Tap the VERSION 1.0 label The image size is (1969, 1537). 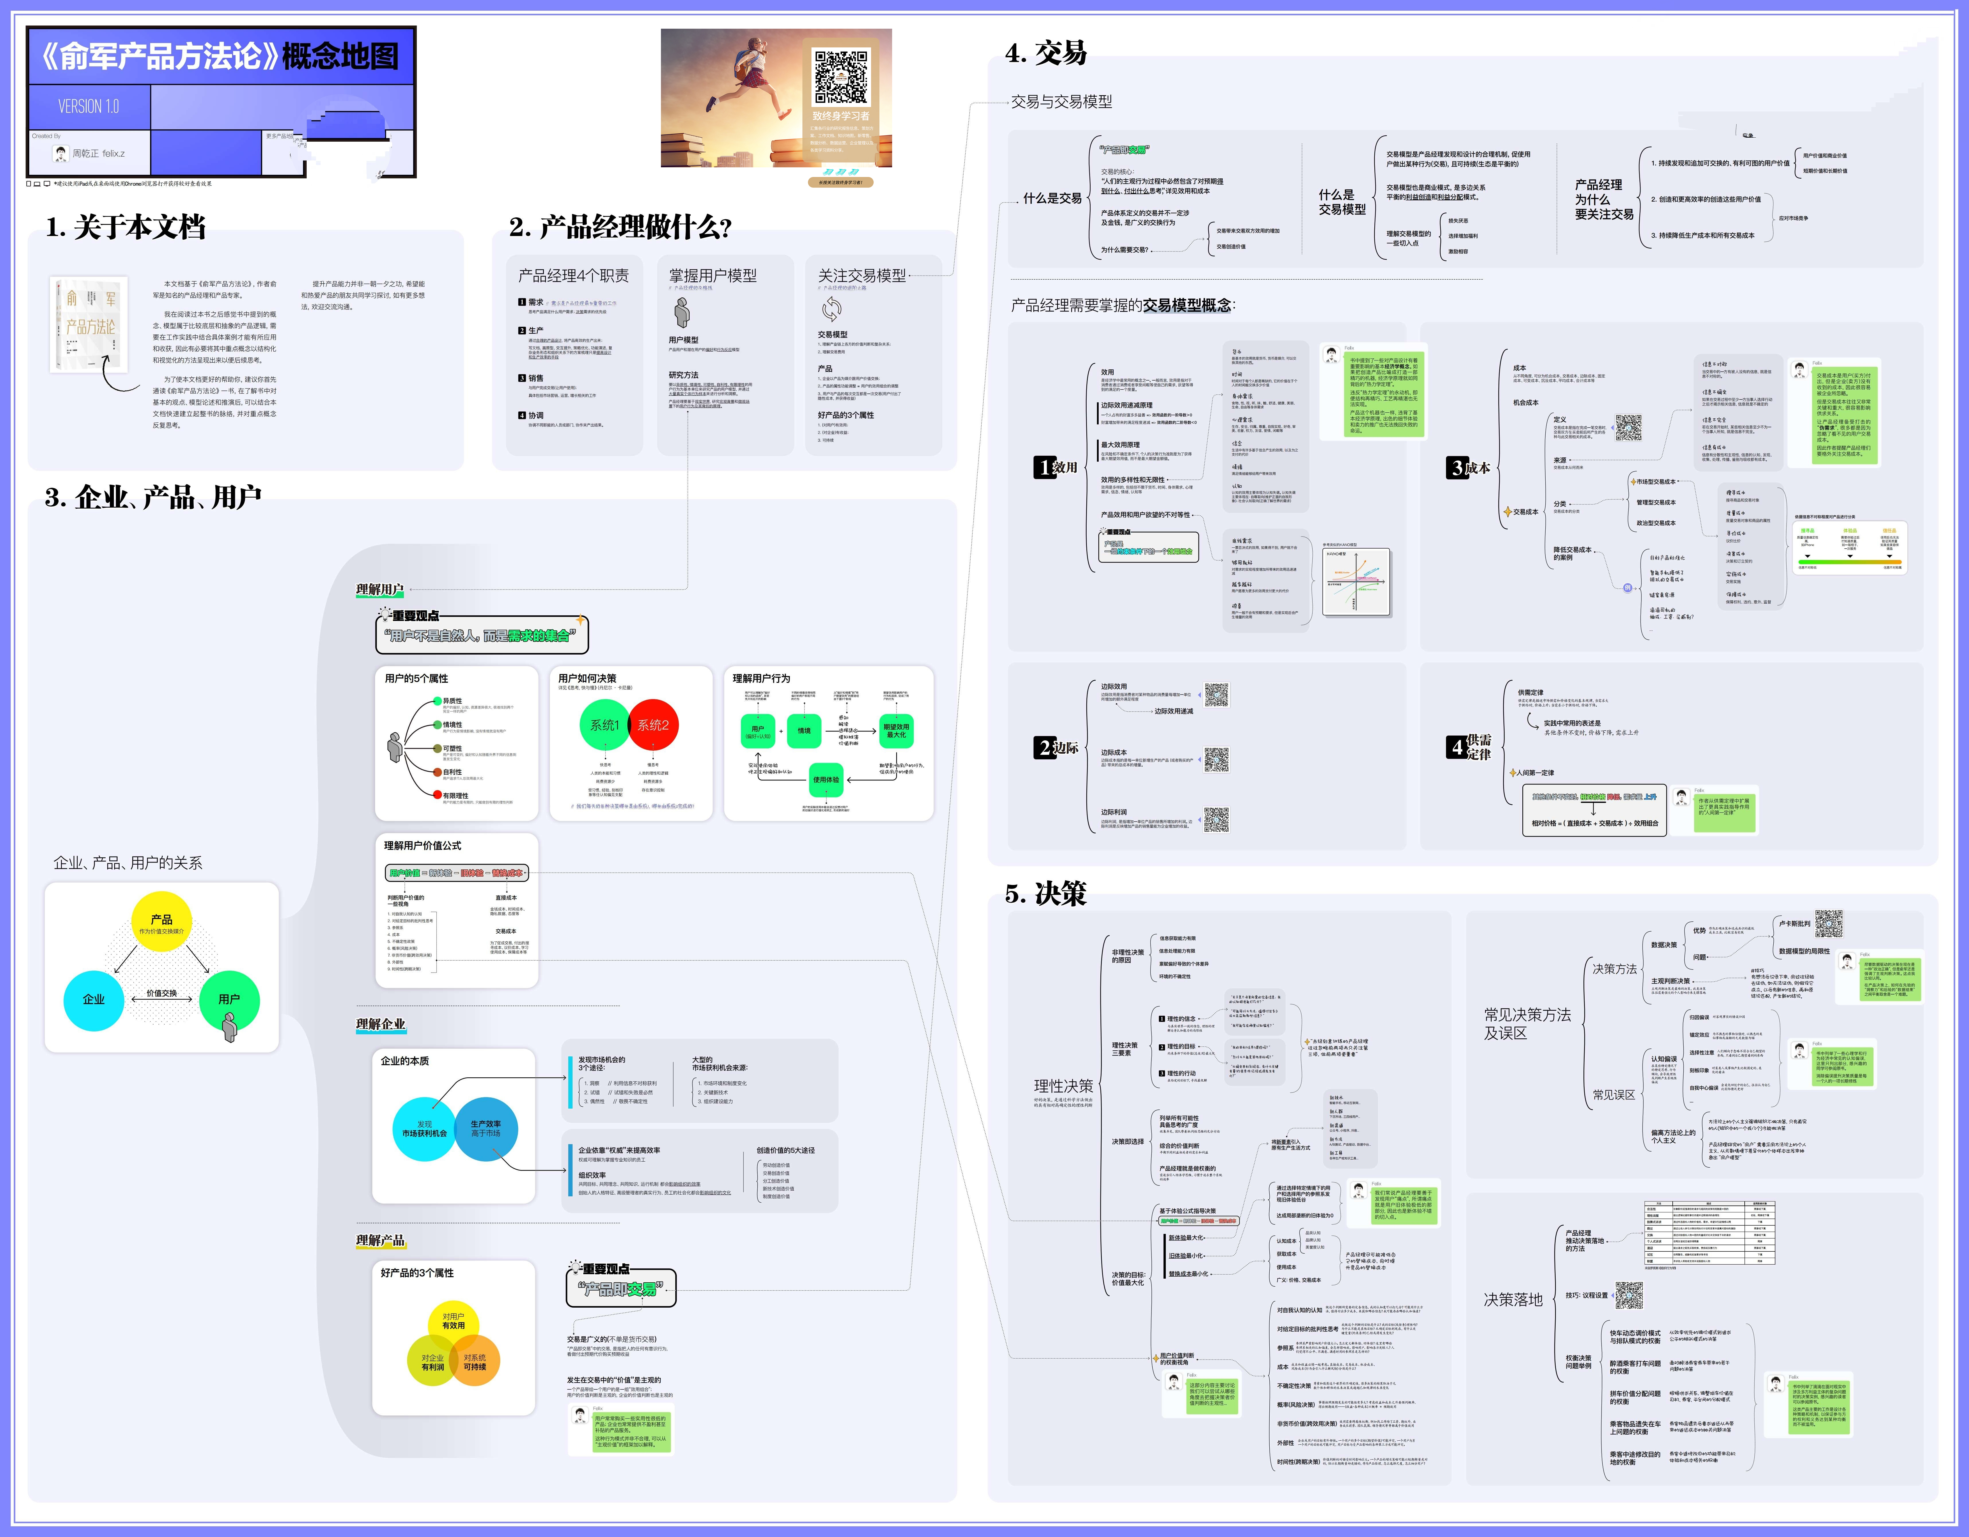coord(88,106)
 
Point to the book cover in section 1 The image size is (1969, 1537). coord(89,323)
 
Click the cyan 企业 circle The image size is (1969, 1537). coord(94,1000)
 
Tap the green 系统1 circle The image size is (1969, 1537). coord(604,725)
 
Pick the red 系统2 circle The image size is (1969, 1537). coord(654,725)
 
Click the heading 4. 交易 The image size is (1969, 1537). coord(1046,53)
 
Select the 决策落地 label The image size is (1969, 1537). coord(1513,1299)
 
